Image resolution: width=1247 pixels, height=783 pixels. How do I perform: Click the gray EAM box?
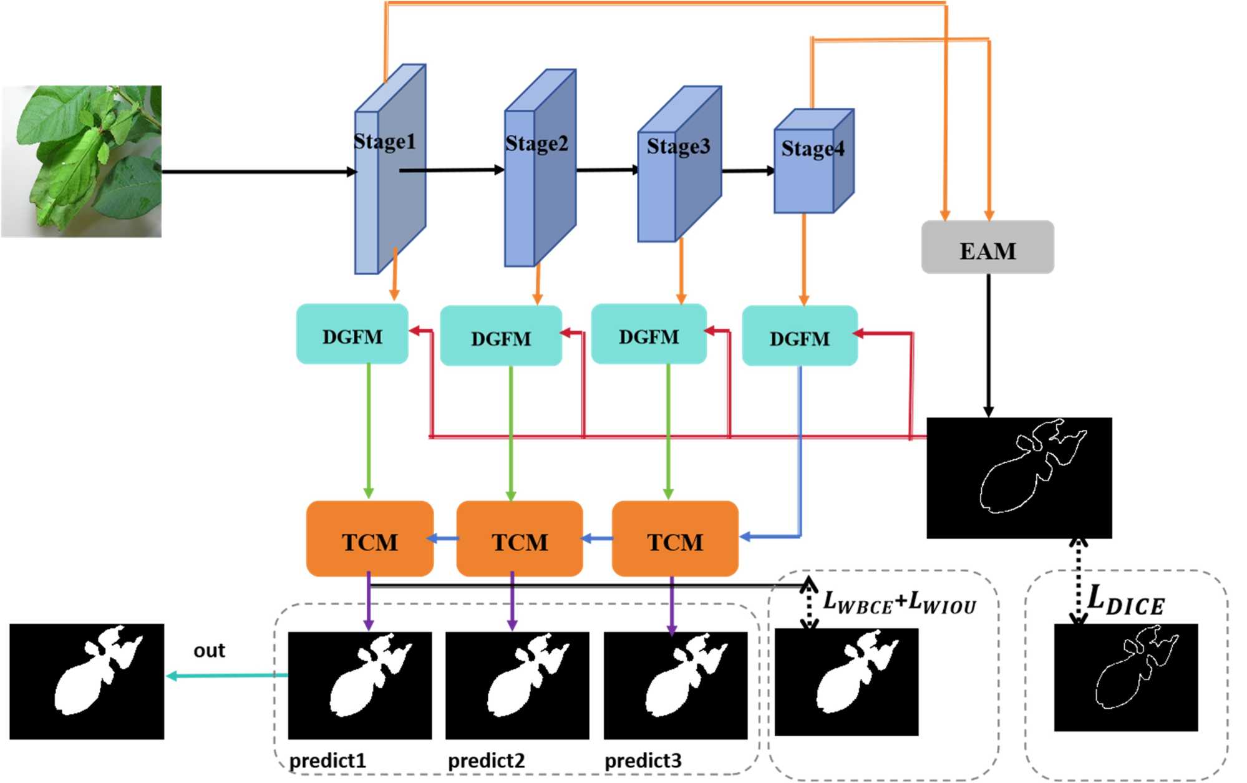[x=987, y=248]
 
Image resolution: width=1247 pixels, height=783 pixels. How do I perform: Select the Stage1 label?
[x=384, y=142]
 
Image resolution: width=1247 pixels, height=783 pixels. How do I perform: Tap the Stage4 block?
[x=813, y=162]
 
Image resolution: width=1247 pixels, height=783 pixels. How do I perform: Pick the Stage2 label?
[x=536, y=143]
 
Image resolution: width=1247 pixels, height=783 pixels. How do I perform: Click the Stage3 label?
[x=678, y=146]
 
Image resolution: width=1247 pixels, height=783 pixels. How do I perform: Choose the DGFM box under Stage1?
[x=352, y=335]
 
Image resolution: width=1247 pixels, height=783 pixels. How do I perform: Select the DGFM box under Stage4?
[x=800, y=337]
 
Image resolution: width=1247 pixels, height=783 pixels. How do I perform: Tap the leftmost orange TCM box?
[x=369, y=540]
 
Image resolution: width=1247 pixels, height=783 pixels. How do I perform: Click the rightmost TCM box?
[x=675, y=540]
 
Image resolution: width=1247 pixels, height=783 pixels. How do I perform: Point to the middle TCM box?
[x=520, y=540]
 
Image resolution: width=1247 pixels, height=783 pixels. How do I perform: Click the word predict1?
[x=328, y=761]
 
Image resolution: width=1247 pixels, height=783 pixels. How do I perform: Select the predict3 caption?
[x=643, y=761]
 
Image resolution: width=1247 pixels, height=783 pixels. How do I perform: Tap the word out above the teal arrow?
[x=209, y=651]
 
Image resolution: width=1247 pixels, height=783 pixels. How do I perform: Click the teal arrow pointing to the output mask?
[x=227, y=676]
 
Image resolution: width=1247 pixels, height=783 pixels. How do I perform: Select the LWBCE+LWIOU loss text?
[x=900, y=603]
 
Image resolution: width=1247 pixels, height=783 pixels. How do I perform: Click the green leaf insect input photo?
[x=82, y=162]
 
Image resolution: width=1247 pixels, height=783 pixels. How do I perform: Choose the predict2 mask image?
[x=517, y=685]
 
